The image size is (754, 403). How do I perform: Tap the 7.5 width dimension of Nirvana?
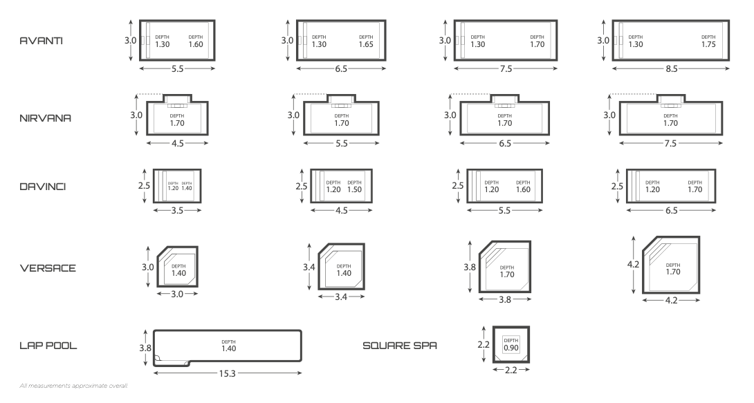tap(670, 144)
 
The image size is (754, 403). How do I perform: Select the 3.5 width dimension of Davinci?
tap(176, 211)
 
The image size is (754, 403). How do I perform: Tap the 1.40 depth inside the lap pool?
tap(227, 348)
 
